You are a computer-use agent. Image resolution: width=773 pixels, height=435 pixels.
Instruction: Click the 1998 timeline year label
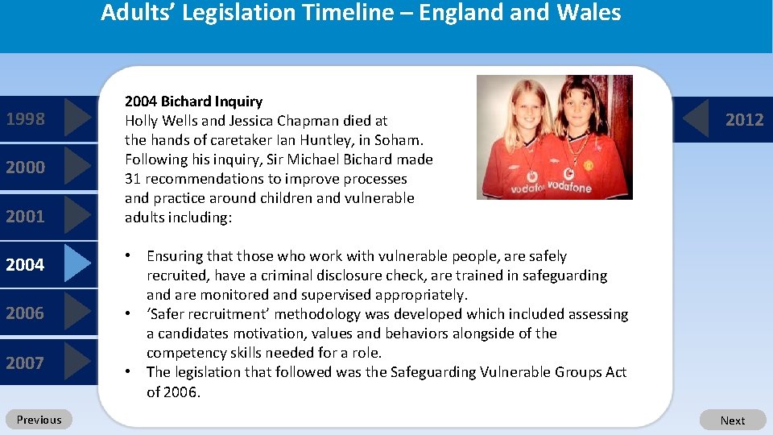click(x=25, y=119)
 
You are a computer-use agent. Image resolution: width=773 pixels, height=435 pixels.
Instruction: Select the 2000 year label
click(x=25, y=168)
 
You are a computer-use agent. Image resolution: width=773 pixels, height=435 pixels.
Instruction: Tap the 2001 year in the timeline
click(x=25, y=216)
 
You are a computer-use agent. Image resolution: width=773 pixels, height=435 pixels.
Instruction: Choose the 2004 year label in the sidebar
click(x=25, y=264)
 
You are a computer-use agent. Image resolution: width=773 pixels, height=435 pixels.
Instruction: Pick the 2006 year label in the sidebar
click(x=25, y=313)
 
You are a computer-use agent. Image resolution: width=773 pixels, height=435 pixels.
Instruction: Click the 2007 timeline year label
click(x=25, y=362)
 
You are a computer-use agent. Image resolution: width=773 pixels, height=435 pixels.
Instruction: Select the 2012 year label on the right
click(x=744, y=120)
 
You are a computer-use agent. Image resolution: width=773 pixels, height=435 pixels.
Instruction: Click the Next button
click(x=732, y=420)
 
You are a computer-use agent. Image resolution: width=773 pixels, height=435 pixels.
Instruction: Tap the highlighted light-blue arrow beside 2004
click(x=77, y=263)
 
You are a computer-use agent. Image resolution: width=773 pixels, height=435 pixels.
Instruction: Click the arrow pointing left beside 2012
click(x=697, y=119)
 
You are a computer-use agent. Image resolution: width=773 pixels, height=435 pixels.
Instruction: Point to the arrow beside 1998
click(x=77, y=118)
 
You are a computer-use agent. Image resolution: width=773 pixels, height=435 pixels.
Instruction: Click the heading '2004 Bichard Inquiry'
click(x=193, y=101)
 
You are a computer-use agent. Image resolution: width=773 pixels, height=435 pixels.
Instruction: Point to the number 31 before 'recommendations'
click(x=133, y=179)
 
